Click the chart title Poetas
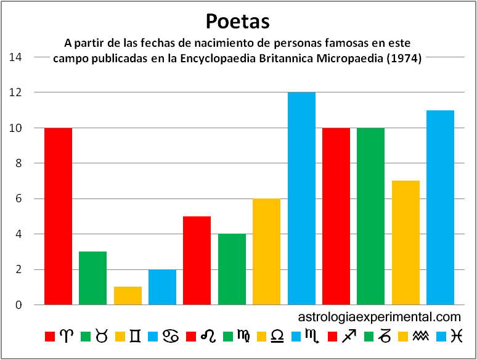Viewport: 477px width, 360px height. [x=238, y=22]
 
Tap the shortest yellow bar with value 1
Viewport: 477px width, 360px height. [x=128, y=296]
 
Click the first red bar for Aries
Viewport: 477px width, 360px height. [x=58, y=216]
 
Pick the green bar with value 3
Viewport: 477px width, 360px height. [x=92, y=278]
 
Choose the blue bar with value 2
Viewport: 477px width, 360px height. [x=162, y=287]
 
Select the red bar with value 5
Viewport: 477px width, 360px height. [x=197, y=261]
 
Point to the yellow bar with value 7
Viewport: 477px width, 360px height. [x=406, y=243]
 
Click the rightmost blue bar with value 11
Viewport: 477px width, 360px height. [x=440, y=208]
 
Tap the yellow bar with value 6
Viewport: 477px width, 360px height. [x=266, y=252]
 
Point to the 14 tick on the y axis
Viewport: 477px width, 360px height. [x=15, y=57]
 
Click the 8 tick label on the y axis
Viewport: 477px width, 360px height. [x=19, y=163]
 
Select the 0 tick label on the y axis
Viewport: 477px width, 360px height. [x=19, y=305]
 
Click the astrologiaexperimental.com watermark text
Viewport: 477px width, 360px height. [x=379, y=317]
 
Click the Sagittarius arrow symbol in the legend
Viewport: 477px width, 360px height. [x=349, y=337]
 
